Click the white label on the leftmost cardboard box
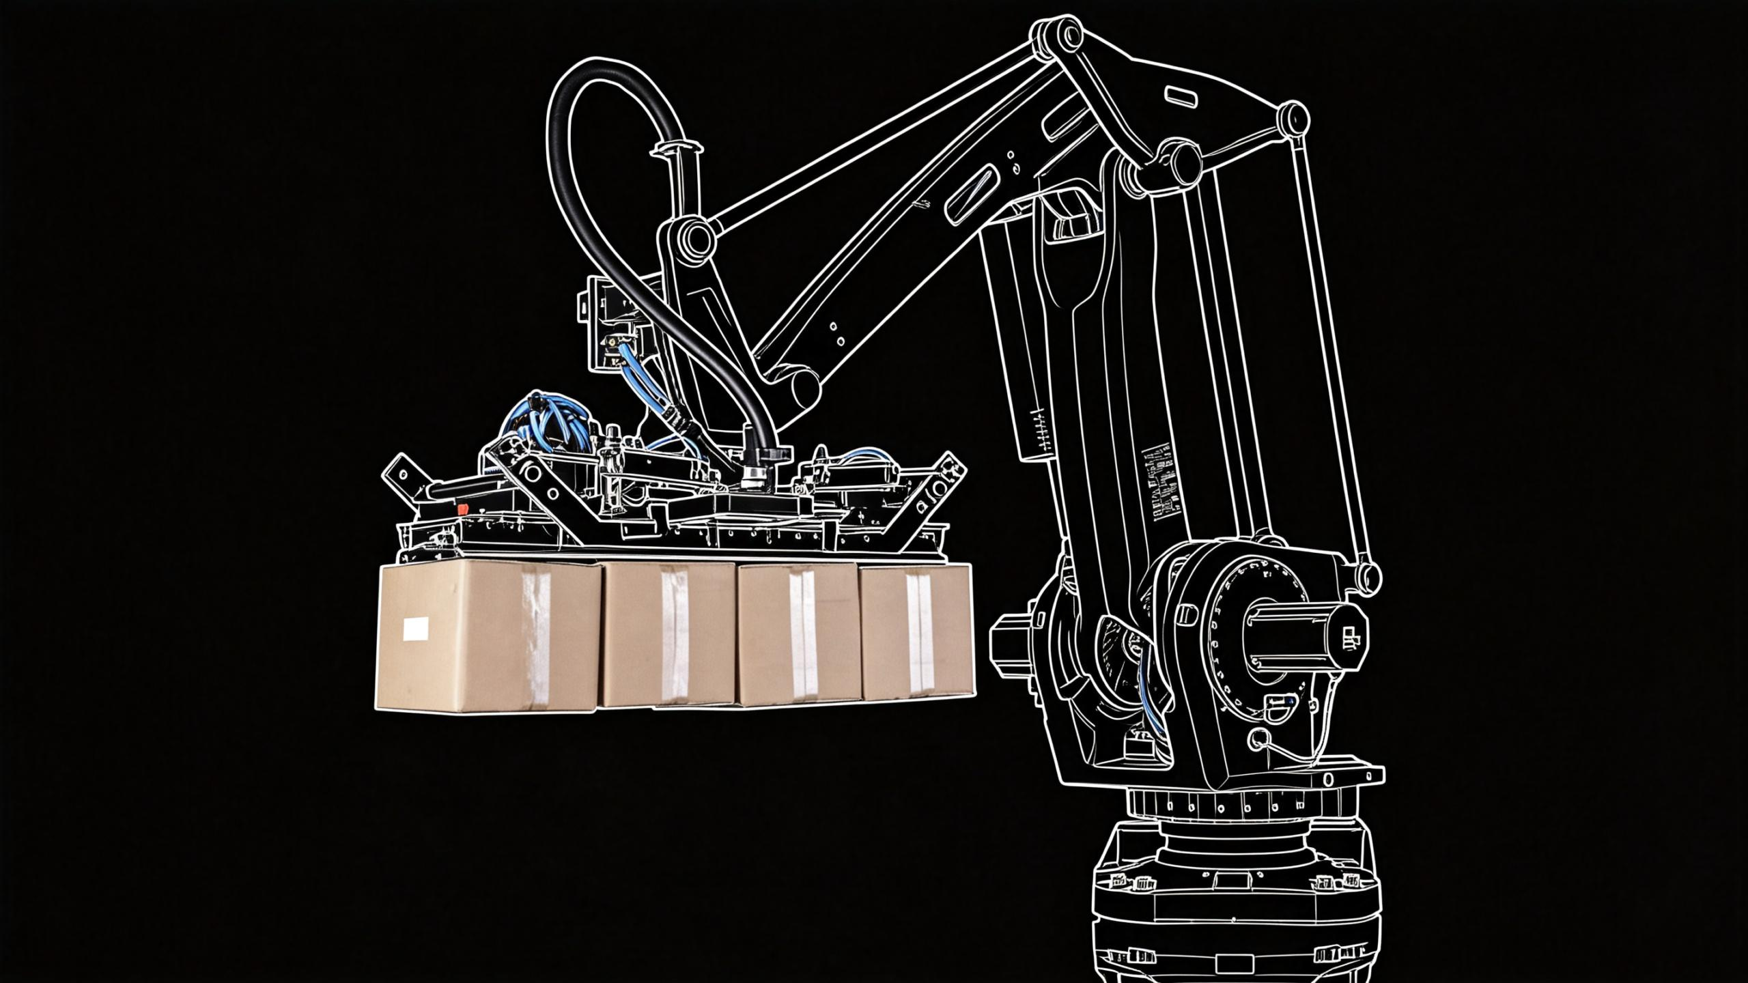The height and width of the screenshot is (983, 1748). click(x=416, y=628)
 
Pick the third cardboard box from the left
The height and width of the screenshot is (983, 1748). click(x=799, y=635)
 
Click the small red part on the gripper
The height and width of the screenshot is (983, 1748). click(x=462, y=509)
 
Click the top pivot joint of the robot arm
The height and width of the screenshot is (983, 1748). click(x=1056, y=33)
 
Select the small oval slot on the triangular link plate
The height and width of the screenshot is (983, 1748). click(x=1181, y=97)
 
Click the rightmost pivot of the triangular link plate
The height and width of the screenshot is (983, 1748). click(x=1293, y=118)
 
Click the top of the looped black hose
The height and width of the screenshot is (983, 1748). click(x=601, y=68)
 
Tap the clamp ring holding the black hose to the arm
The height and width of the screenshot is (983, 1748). click(x=677, y=147)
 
